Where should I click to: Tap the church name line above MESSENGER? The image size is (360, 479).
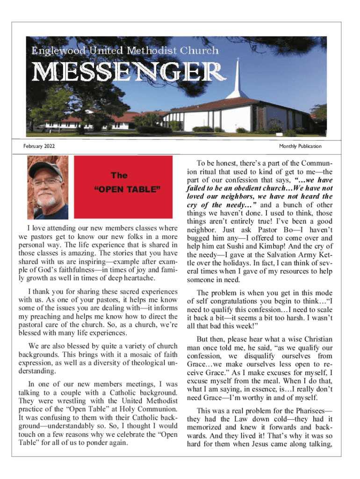pyautogui.click(x=125, y=50)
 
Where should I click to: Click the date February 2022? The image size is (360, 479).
pyautogui.click(x=39, y=146)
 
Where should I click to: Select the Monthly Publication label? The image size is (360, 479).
pyautogui.click(x=300, y=146)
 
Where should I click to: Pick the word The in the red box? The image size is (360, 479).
pyautogui.click(x=119, y=175)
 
